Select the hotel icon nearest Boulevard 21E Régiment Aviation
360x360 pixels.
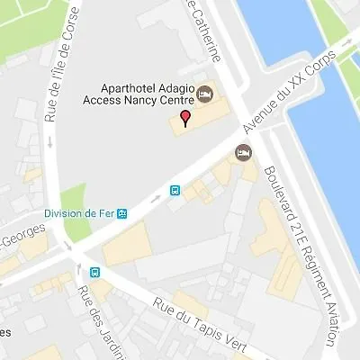click(242, 153)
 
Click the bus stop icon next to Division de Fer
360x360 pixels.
click(122, 214)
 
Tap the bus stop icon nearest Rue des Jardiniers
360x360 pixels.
click(94, 273)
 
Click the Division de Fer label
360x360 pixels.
click(80, 214)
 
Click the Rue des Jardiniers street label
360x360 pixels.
click(90, 319)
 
